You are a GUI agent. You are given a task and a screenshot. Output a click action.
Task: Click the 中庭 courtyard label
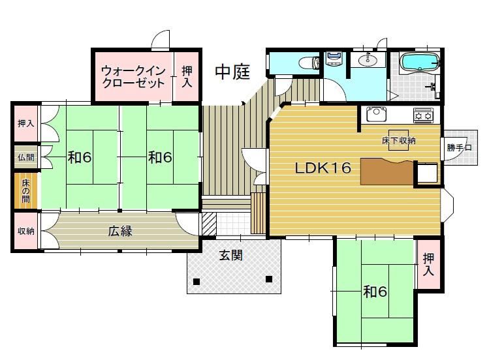point(232,72)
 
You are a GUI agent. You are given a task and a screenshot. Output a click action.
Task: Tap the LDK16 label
point(322,168)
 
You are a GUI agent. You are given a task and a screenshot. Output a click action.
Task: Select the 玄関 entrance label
point(230,256)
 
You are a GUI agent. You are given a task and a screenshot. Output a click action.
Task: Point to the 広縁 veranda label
point(120,231)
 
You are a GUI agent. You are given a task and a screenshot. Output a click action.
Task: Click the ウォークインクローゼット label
point(133,77)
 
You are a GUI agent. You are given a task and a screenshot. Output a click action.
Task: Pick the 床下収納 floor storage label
point(398,141)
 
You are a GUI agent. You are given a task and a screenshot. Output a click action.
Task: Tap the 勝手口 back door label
point(459,147)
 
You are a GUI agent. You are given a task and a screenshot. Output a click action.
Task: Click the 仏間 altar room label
point(25,157)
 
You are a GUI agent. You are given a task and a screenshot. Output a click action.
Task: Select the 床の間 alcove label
point(25,190)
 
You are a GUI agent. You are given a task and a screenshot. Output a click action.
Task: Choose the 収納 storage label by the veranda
point(25,231)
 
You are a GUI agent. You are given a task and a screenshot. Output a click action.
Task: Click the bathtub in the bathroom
point(419,62)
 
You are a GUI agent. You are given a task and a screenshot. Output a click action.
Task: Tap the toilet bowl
point(309,63)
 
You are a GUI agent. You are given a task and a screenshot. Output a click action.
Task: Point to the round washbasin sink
point(368,60)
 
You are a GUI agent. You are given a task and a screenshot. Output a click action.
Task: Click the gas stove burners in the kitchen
point(423,115)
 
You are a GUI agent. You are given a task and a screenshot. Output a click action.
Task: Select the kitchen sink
point(377,114)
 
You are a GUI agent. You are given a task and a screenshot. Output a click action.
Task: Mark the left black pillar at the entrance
point(196,282)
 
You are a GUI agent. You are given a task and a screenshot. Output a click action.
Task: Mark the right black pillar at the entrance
point(269,279)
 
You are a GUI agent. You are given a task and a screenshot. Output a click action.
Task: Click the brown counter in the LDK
point(387,171)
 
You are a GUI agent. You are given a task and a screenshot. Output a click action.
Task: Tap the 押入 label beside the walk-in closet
point(187,77)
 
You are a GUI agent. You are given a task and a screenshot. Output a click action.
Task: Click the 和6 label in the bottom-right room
point(375,292)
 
